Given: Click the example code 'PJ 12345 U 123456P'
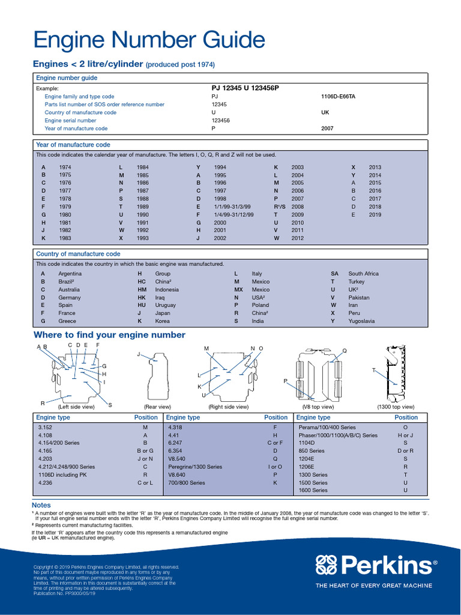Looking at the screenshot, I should coord(241,88).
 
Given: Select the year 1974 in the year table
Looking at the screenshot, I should coord(65,167).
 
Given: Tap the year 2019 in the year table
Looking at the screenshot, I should coord(375,214).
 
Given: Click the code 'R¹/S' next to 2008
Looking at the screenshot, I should coord(279,207).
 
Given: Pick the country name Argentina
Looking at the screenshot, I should coord(70,274).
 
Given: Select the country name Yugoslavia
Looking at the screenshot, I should coord(361,321).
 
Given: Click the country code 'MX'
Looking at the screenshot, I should coord(238,289).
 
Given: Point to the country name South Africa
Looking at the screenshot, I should coord(363,274).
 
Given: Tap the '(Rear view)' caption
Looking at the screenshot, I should coord(157,407).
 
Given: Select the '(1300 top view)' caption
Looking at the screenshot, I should coord(396,407).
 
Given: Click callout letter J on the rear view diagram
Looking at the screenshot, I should coord(139,354).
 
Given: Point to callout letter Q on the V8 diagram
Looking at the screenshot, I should coord(345,351).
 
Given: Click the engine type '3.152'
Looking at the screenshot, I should coord(46,427).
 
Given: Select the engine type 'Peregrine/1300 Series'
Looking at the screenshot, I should coord(194,467).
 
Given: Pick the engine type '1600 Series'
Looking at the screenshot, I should coord(313,490).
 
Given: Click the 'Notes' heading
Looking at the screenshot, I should coord(41,505).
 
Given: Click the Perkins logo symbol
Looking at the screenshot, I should coord(328,565).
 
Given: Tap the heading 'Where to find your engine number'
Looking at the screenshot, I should coord(109,335).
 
